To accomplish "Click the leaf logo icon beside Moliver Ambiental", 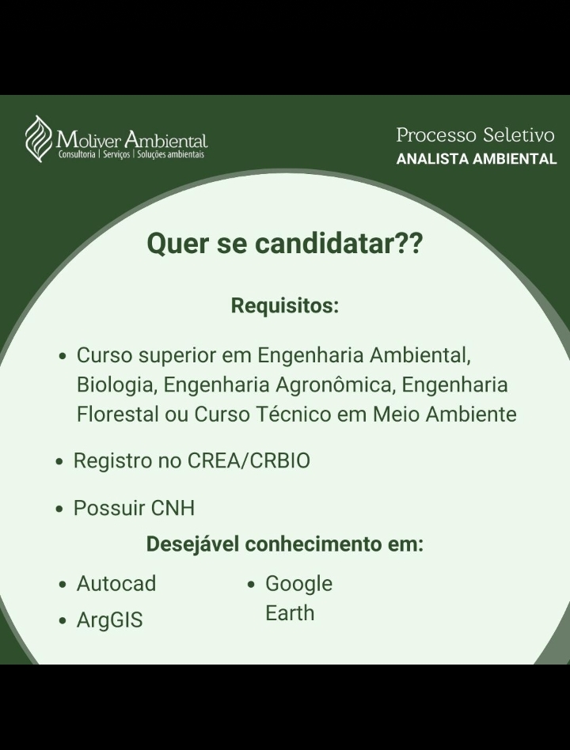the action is tap(39, 138).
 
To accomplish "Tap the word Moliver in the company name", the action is tap(89, 140).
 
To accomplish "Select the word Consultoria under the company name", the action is tap(77, 154).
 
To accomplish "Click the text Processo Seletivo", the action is tap(475, 134).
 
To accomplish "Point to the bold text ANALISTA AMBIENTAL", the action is tap(477, 159).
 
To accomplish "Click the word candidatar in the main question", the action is tap(325, 243).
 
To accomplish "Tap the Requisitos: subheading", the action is tap(285, 305).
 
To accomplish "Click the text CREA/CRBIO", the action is tap(249, 460).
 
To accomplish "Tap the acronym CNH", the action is tap(173, 508).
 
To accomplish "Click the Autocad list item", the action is tap(116, 584).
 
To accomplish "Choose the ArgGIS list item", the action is tap(109, 620).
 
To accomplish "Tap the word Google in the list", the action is tap(298, 584).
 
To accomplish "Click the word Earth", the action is tap(290, 613).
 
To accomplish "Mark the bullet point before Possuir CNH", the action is tap(59, 509).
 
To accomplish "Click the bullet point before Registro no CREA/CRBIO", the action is tap(59, 462).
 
